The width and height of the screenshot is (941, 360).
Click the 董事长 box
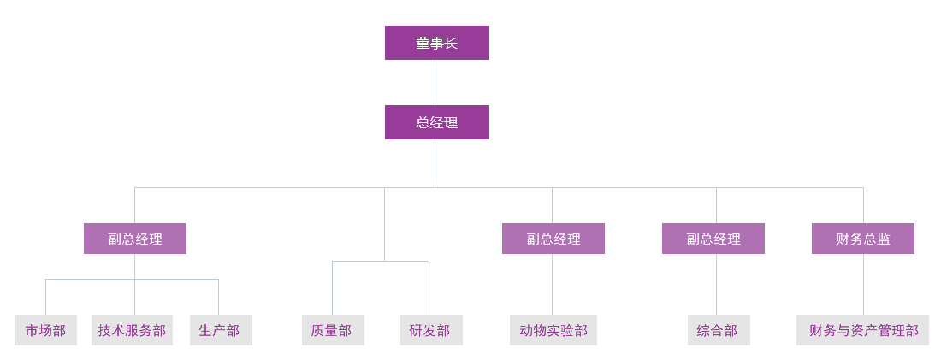click(436, 43)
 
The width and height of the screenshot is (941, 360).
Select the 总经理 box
click(436, 122)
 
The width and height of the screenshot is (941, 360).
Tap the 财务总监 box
click(862, 239)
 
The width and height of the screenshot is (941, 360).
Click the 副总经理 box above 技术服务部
click(134, 239)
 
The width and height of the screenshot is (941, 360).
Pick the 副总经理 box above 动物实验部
click(553, 239)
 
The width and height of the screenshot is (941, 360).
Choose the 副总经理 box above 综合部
click(713, 239)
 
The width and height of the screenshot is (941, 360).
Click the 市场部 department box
click(45, 330)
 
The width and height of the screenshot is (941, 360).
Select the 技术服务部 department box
click(132, 330)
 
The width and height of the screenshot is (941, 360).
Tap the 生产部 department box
click(221, 330)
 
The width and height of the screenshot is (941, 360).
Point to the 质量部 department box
click(333, 330)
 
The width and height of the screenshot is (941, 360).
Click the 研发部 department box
click(431, 330)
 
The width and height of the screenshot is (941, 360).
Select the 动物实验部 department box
click(553, 330)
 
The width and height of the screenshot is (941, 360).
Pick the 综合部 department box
click(719, 330)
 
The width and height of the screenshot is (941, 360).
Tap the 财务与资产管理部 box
click(862, 330)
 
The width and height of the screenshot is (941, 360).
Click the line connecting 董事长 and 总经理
click(435, 82)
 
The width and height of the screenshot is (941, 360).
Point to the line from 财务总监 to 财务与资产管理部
click(863, 284)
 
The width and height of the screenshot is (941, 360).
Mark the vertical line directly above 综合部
click(716, 284)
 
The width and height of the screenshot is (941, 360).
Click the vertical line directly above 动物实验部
click(552, 284)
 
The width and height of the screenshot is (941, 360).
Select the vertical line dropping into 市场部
click(45, 297)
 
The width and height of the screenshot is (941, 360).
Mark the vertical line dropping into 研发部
click(429, 287)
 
